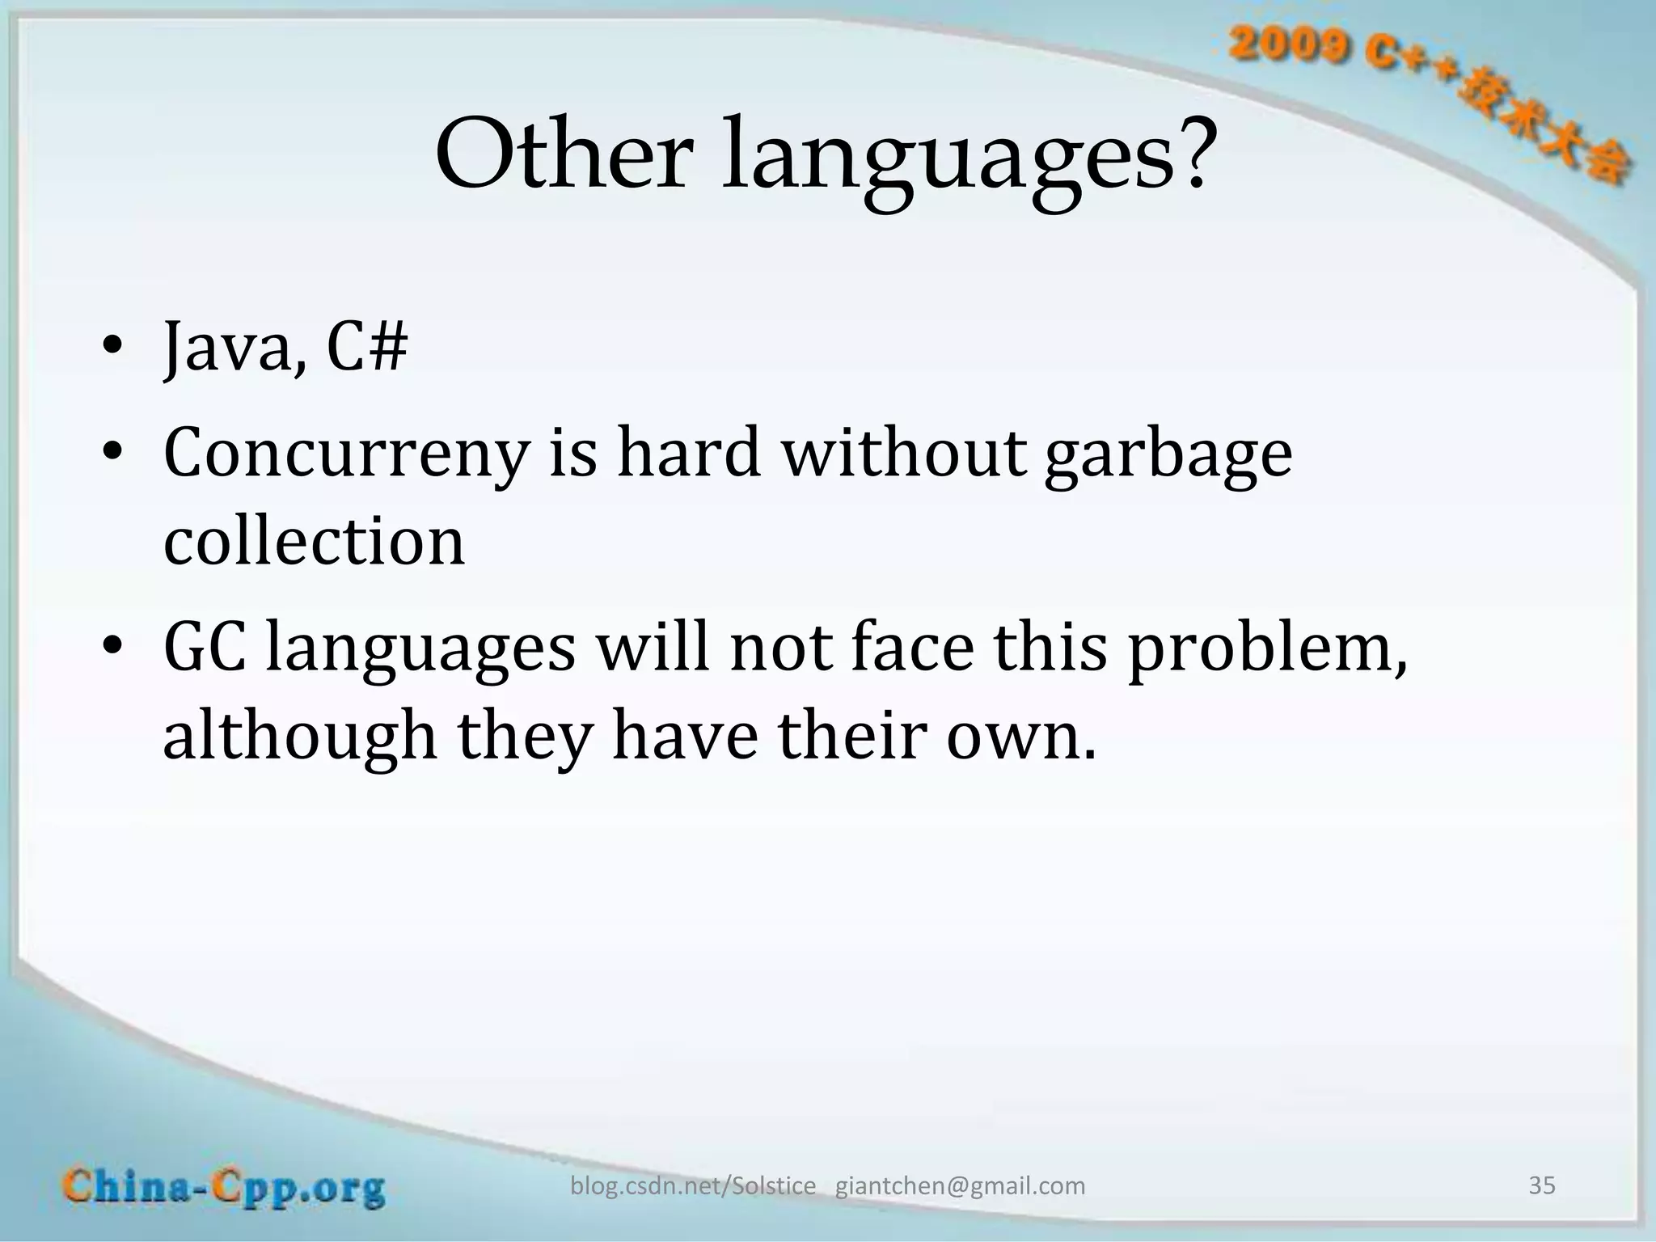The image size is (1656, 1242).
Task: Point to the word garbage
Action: [x=1168, y=454]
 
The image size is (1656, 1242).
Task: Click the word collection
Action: [x=314, y=542]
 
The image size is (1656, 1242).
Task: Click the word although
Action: [x=299, y=736]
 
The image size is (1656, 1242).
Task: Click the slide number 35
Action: [x=1541, y=1185]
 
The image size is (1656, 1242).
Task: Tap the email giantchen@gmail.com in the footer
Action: [x=960, y=1186]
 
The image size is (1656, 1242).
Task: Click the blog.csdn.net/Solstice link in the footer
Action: [x=693, y=1186]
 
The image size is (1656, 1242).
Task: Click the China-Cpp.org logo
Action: [x=224, y=1188]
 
